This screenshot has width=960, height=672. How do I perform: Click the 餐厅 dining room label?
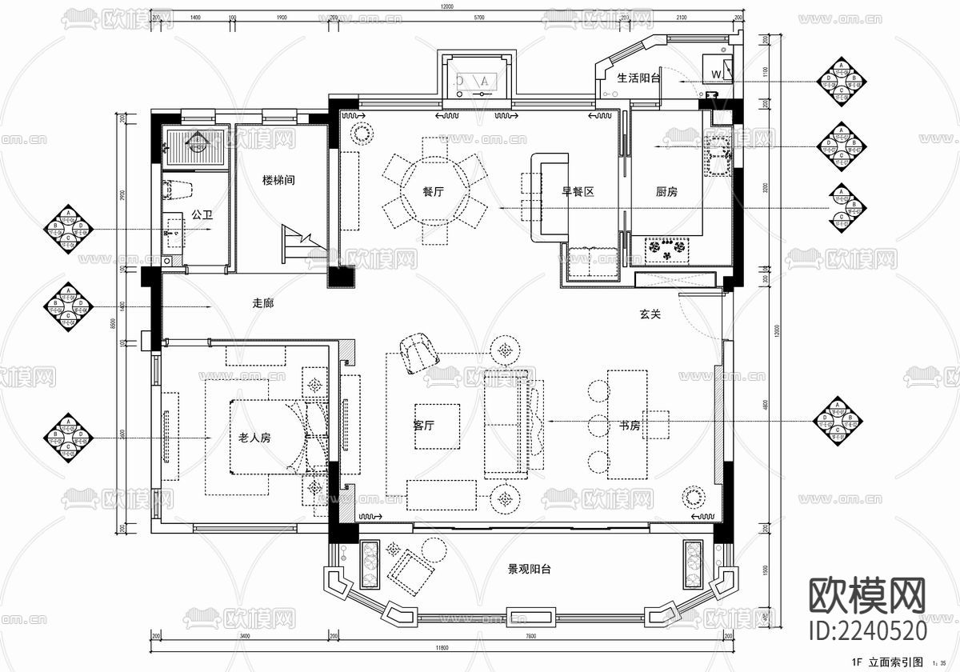point(434,192)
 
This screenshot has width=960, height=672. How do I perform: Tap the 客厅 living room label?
point(424,426)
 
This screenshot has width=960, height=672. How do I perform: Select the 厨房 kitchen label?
point(667,192)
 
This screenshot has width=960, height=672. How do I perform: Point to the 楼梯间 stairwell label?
point(278,181)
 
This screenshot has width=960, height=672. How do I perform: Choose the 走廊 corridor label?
point(263,303)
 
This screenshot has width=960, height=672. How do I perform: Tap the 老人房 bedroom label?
point(255,438)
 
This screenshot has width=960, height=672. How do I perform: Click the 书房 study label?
point(630,426)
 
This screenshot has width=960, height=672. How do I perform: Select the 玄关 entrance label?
point(650,315)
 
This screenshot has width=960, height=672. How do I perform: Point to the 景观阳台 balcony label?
point(529,570)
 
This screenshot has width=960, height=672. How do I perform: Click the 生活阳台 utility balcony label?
point(638,78)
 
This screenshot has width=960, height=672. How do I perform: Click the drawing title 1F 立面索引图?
point(889,662)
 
